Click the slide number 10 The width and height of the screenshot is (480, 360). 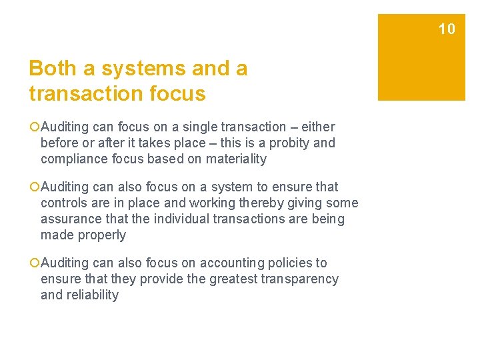tap(447, 29)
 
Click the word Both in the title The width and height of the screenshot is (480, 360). tap(50, 69)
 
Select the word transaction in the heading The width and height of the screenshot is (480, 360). tap(83, 93)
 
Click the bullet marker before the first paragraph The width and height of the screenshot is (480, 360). tap(34, 127)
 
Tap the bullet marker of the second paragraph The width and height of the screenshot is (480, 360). tap(34, 187)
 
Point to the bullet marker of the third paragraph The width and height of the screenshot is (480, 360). tap(34, 263)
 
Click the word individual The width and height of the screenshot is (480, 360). tap(177, 219)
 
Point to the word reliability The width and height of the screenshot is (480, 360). tap(92, 295)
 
